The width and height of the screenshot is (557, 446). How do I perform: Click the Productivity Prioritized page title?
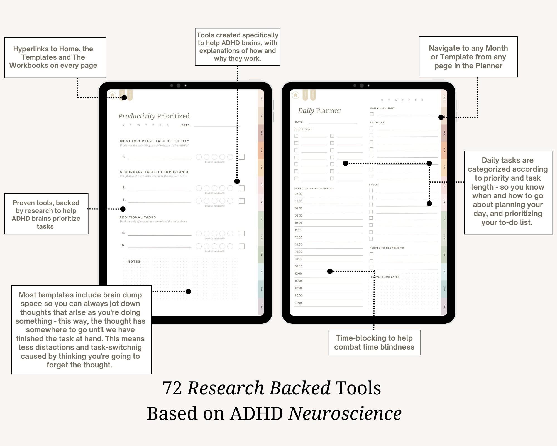click(154, 116)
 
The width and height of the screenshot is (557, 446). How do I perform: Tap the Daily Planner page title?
click(319, 111)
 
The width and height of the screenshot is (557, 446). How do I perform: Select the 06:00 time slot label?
click(299, 194)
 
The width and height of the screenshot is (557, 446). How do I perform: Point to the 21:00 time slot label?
click(298, 303)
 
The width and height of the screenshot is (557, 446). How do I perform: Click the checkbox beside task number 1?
click(242, 157)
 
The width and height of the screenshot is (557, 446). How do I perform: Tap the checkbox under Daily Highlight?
click(372, 114)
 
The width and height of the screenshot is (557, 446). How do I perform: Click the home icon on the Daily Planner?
click(295, 95)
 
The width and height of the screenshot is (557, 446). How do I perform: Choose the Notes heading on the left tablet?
click(134, 261)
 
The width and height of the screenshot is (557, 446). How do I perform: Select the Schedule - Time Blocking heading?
click(314, 188)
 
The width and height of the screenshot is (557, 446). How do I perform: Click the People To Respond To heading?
click(387, 248)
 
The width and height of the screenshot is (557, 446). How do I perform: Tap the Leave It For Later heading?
click(385, 277)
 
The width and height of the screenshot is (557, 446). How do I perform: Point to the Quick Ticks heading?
click(303, 129)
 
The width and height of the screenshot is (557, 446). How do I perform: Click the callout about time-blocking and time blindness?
click(374, 342)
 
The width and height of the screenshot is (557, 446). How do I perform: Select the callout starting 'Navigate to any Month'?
click(468, 57)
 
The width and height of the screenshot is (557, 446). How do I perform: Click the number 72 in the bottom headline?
click(172, 388)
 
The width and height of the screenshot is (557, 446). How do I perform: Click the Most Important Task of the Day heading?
click(154, 141)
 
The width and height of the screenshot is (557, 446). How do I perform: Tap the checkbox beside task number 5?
click(242, 246)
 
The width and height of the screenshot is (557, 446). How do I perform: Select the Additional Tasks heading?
click(138, 217)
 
